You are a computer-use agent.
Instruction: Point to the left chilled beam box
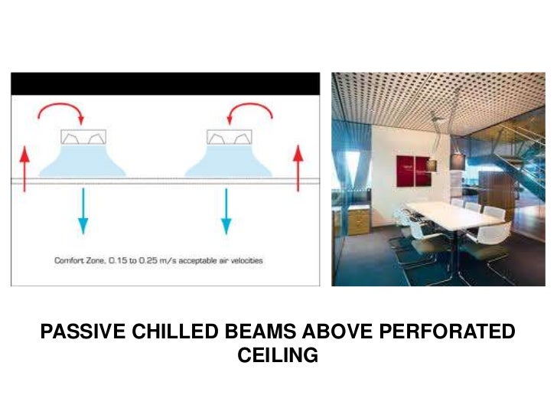point(83,138)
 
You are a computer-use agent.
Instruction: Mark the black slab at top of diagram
point(164,83)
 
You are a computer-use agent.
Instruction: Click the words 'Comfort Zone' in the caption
point(79,261)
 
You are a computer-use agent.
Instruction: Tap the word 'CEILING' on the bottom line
point(278,356)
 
